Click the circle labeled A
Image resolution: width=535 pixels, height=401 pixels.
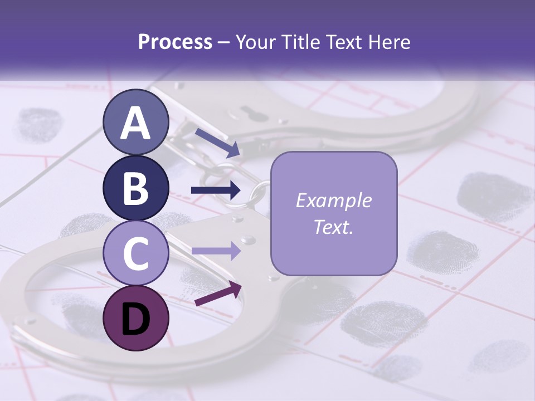tap(136, 122)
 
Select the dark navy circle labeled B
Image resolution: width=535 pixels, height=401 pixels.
tap(136, 188)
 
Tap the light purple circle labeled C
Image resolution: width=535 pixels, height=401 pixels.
tap(136, 253)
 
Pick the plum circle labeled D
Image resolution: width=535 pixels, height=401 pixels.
tap(136, 318)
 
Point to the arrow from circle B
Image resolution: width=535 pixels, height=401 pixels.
tap(216, 190)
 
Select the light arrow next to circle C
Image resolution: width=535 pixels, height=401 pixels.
tap(216, 251)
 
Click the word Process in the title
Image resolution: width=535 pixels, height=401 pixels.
tap(175, 42)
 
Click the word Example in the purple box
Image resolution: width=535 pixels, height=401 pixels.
tap(334, 200)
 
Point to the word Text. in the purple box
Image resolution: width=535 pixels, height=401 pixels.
tap(334, 227)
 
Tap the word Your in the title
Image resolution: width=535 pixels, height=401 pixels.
tap(257, 42)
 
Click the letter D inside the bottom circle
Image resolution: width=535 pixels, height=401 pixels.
tap(136, 319)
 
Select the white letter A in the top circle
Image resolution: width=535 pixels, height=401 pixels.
tap(136, 123)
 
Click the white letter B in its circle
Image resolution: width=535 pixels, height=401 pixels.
tap(136, 188)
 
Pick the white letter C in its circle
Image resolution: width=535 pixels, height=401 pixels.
tap(136, 253)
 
